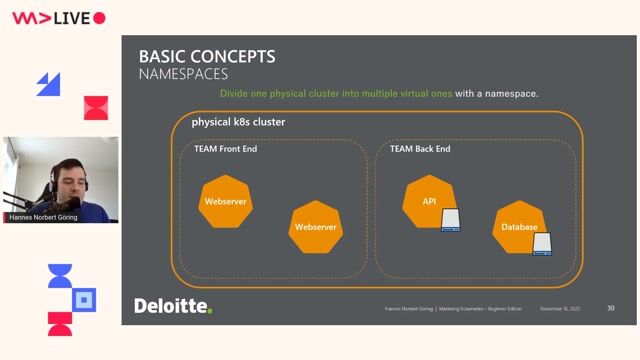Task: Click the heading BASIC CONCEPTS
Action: click(x=206, y=56)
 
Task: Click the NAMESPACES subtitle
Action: click(x=183, y=74)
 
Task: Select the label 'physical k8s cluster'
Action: click(x=238, y=122)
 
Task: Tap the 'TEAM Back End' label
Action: click(x=420, y=149)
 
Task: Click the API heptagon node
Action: click(x=428, y=202)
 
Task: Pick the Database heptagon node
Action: click(x=519, y=228)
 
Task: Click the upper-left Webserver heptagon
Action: click(x=225, y=202)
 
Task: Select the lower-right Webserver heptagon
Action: click(x=315, y=228)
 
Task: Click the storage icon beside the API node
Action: click(x=451, y=219)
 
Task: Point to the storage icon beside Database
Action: click(x=542, y=243)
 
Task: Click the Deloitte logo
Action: click(x=173, y=306)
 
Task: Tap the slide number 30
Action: click(x=610, y=308)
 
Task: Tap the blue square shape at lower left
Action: click(x=86, y=299)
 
